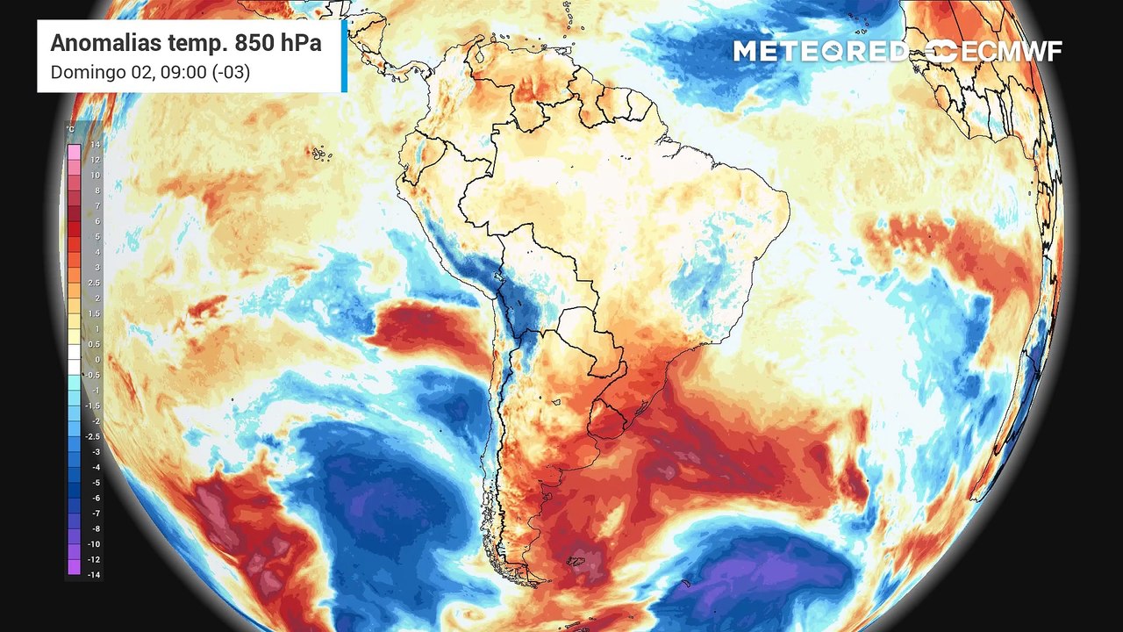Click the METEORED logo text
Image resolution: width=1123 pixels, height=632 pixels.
pyautogui.click(x=820, y=52)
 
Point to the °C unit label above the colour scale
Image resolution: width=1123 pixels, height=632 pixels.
pyautogui.click(x=70, y=130)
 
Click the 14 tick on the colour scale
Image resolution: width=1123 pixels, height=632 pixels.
pyautogui.click(x=95, y=144)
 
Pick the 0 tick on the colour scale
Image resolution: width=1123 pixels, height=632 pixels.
pyautogui.click(x=97, y=359)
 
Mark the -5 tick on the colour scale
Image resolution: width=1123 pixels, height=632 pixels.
pyautogui.click(x=95, y=482)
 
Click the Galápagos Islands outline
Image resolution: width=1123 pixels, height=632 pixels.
pyautogui.click(x=320, y=154)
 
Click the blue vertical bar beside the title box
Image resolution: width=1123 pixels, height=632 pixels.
pyautogui.click(x=344, y=56)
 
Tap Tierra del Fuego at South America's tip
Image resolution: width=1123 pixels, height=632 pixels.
pyautogui.click(x=526, y=575)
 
